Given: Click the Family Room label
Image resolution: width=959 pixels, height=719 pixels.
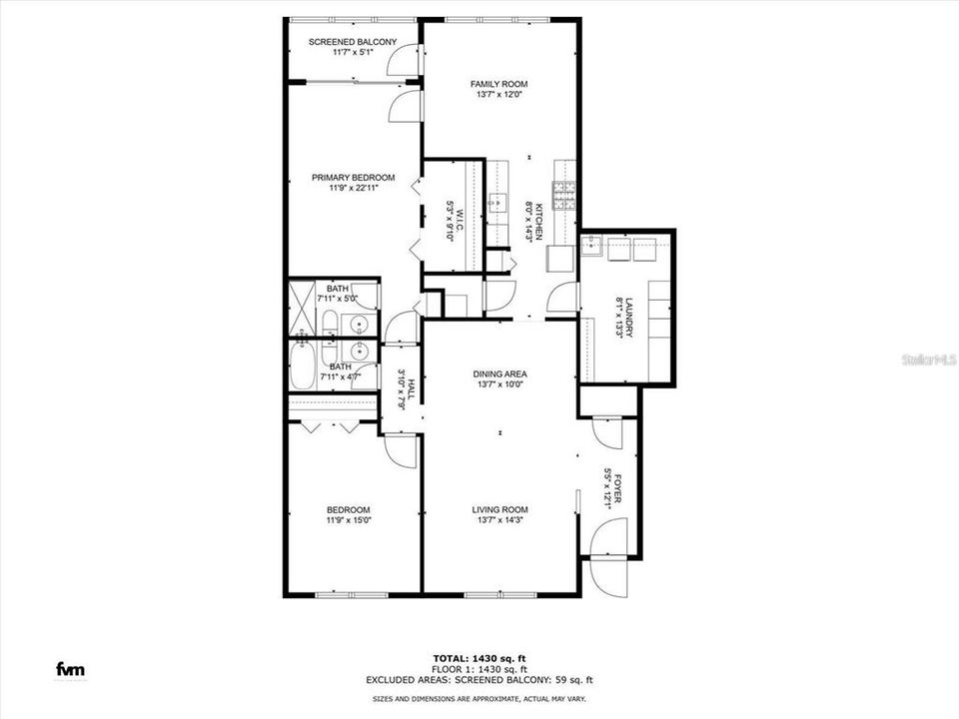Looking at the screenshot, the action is [498, 84].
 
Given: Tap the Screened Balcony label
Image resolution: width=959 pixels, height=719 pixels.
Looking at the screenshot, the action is [353, 42].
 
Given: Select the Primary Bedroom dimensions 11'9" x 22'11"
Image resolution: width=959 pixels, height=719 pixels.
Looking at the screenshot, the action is [354, 189].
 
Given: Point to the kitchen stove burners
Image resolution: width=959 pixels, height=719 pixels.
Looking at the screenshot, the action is [564, 197].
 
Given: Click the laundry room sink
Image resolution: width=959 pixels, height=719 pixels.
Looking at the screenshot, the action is [591, 247].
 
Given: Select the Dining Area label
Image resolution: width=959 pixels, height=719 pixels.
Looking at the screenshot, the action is [499, 374].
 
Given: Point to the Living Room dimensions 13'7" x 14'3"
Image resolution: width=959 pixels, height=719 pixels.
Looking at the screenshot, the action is [499, 521].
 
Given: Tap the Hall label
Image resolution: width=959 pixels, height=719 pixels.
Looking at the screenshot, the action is [412, 388].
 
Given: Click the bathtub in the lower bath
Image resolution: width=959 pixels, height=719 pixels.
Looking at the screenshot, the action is [302, 366].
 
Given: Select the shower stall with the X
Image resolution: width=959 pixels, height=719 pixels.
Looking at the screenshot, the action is [301, 308].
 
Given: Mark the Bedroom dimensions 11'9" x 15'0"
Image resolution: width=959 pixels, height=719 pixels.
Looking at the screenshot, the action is [349, 521].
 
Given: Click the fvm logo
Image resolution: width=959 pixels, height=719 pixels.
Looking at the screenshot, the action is [70, 669].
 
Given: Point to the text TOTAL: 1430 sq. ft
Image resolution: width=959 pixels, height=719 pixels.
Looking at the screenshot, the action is [479, 658].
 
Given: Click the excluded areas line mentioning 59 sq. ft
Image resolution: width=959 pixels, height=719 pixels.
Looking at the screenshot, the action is [479, 680].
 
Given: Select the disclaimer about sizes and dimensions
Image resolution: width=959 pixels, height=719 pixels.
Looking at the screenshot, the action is [479, 698].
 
